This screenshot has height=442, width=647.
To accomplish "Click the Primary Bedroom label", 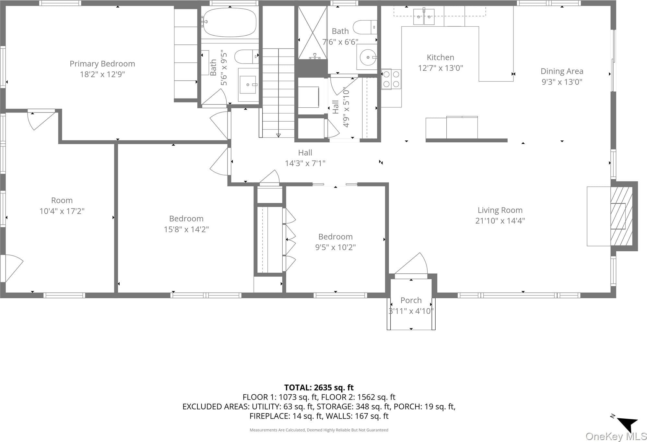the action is tap(102, 64).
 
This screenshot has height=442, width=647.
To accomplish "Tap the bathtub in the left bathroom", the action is tap(229, 22).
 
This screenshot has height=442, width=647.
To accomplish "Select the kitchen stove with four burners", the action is tap(391, 79).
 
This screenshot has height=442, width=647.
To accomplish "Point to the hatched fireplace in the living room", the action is tap(621, 216).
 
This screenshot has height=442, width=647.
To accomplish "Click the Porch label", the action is tap(411, 300).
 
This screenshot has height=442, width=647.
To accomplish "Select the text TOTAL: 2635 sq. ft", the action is tap(319, 388).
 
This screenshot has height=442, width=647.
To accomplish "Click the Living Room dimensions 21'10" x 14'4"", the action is tap(500, 221).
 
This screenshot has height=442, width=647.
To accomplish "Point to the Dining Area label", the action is tap(562, 71).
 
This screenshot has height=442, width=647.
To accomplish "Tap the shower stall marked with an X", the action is tap(312, 33).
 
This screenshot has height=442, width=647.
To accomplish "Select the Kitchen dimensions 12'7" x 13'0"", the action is tap(440, 68).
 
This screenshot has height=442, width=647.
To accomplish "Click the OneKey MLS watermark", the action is tap(616, 436).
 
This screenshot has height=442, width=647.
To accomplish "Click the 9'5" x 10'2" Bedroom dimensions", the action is tap(335, 247).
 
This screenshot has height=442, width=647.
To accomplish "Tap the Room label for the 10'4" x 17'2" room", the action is tap(62, 200).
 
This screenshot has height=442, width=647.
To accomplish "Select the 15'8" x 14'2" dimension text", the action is tap(186, 230).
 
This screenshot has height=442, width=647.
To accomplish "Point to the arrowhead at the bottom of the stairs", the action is tap(278, 135).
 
